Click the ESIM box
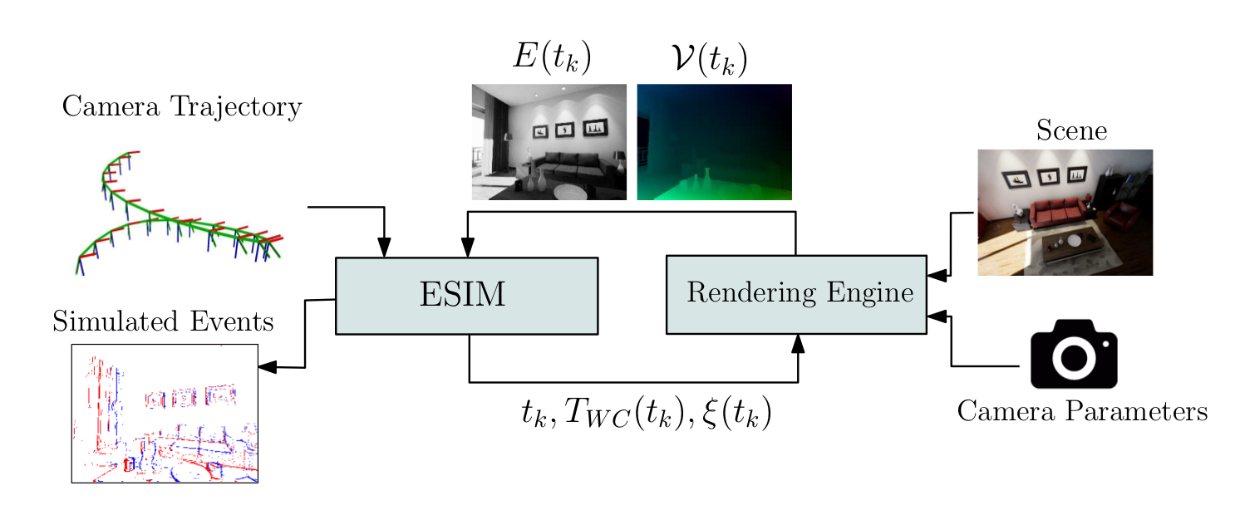tap(466, 296)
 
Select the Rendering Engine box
tap(796, 294)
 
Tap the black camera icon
tap(1074, 354)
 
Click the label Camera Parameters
tap(1082, 411)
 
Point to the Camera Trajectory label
tap(181, 107)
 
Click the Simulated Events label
tap(163, 321)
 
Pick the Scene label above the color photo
tap(1071, 130)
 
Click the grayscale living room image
tap(549, 142)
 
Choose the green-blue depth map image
tap(714, 142)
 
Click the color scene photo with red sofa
tap(1065, 212)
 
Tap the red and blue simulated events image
tap(165, 413)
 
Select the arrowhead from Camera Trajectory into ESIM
tap(384, 248)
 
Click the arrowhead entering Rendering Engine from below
tap(798, 343)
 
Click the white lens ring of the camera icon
tap(1074, 357)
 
